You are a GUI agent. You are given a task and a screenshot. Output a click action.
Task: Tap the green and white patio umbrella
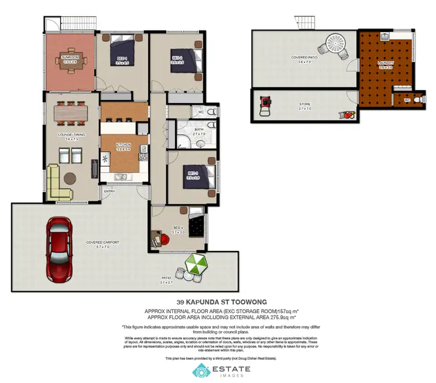[x=196, y=265]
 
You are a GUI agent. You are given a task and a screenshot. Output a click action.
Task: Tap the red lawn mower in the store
[x=266, y=104]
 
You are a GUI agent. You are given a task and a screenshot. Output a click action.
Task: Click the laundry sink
[x=385, y=37]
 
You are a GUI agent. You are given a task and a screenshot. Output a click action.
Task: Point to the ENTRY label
[x=109, y=190]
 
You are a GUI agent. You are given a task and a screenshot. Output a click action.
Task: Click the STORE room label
[x=305, y=105]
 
